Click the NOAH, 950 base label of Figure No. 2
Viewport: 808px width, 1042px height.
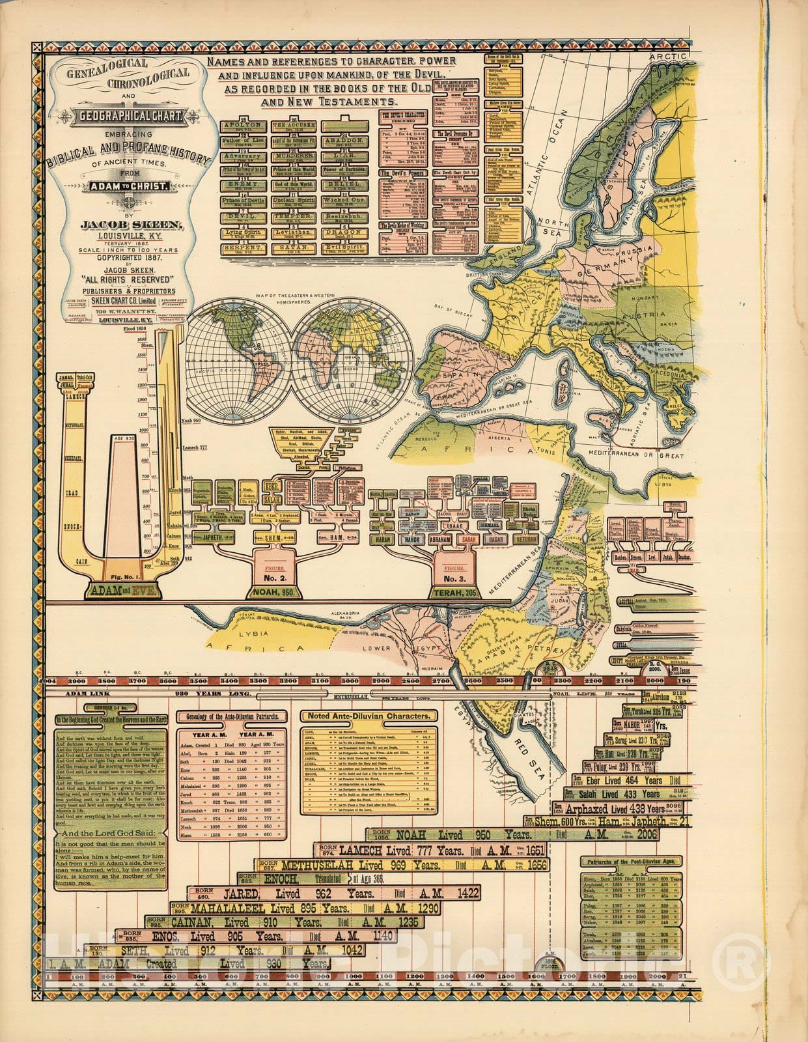tap(272, 592)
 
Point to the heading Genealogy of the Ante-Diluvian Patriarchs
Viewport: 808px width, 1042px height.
tap(233, 716)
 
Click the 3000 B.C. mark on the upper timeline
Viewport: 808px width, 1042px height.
tap(350, 681)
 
